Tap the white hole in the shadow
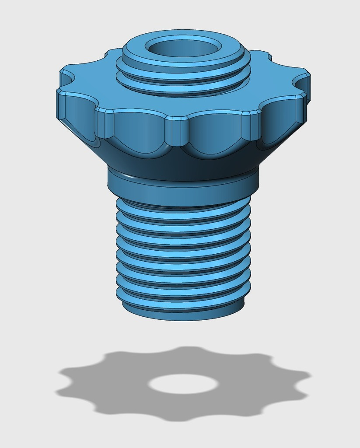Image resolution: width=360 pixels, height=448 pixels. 183,384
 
